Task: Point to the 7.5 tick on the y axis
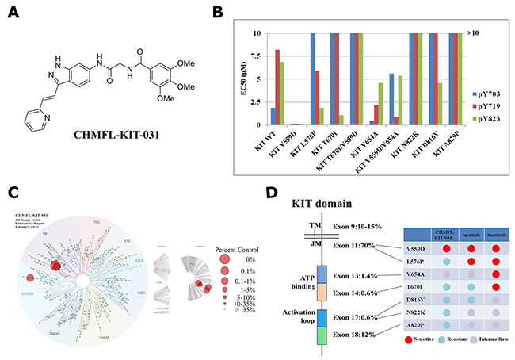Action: (254, 56)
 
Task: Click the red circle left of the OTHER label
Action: (31, 278)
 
